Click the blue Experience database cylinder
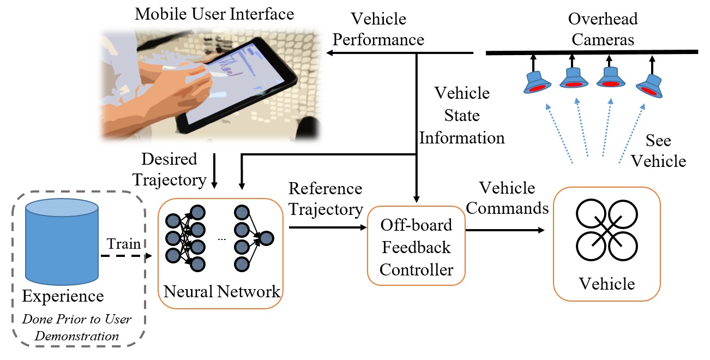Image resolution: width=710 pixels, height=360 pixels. click(62, 242)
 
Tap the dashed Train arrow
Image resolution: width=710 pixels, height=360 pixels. click(127, 256)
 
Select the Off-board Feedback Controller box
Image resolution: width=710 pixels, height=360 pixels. click(416, 246)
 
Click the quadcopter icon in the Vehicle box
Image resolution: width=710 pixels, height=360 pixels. click(607, 230)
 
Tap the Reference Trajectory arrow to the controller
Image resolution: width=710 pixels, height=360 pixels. click(328, 227)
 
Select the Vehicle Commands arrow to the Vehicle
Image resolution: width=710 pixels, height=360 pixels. click(505, 230)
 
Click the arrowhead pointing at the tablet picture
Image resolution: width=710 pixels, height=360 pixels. click(329, 53)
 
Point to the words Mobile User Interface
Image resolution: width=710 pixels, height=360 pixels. click(214, 14)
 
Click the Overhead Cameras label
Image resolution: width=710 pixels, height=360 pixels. click(603, 29)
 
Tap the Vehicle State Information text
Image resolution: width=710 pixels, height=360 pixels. click(462, 115)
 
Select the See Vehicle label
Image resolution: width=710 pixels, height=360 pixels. click(658, 151)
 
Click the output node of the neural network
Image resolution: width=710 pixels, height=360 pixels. click(267, 238)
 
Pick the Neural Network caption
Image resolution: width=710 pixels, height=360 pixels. click(221, 291)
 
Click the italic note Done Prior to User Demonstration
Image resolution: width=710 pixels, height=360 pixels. click(77, 327)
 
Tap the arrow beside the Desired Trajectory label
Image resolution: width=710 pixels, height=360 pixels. click(214, 171)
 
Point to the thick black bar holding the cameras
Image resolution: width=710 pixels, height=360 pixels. click(592, 52)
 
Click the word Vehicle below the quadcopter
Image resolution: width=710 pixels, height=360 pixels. click(607, 284)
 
